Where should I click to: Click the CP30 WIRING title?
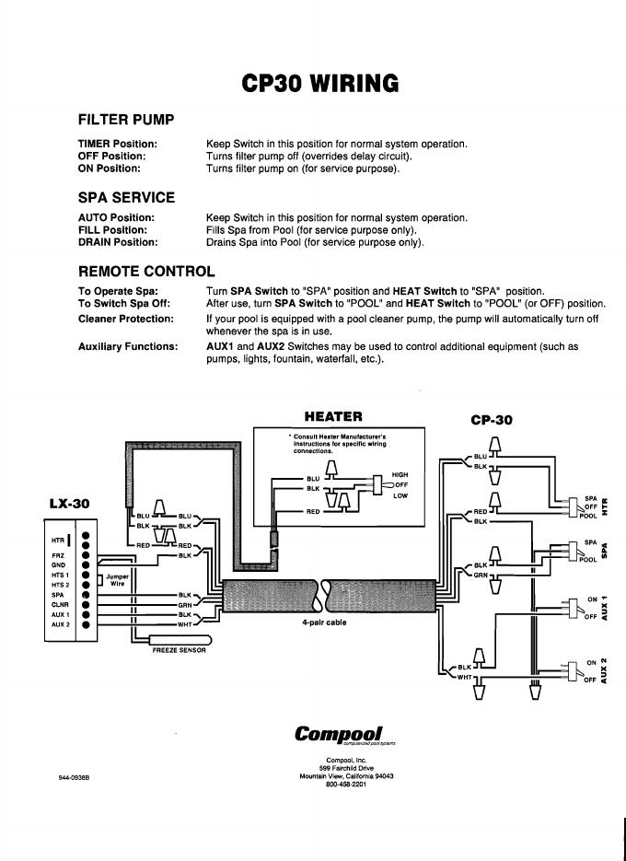pos(319,84)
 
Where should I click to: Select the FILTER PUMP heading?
pos(126,120)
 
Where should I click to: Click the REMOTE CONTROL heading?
pos(146,271)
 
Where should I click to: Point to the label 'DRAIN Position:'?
pos(118,242)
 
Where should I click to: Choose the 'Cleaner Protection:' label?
pos(125,319)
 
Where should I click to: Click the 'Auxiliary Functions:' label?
pos(128,347)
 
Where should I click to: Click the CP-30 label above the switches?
pos(491,420)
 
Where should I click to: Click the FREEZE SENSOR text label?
pos(180,651)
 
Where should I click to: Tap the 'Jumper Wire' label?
pos(118,580)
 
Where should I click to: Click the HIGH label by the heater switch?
pos(400,474)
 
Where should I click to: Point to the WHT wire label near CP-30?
pos(464,678)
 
